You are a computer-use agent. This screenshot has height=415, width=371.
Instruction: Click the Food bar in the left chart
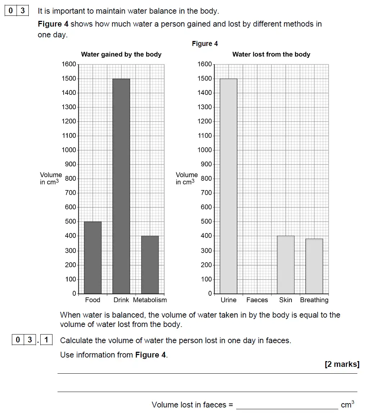pyautogui.click(x=93, y=258)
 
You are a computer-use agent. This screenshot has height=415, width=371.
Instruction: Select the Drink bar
pyautogui.click(x=121, y=186)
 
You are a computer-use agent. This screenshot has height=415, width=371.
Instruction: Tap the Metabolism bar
pyautogui.click(x=150, y=265)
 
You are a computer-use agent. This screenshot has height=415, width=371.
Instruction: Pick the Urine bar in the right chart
pyautogui.click(x=229, y=186)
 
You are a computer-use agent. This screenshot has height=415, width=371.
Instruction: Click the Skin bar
pyautogui.click(x=286, y=265)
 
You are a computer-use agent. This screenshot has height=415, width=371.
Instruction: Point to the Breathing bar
pyautogui.click(x=314, y=266)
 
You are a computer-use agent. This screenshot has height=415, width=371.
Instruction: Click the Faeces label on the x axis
pyautogui.click(x=257, y=300)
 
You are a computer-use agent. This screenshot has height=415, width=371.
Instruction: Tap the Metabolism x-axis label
pyautogui.click(x=150, y=300)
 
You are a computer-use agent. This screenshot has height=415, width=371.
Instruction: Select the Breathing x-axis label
pyautogui.click(x=314, y=300)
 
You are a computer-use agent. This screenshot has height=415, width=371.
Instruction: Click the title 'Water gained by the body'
pyautogui.click(x=121, y=55)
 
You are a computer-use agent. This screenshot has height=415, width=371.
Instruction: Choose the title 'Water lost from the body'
pyautogui.click(x=271, y=55)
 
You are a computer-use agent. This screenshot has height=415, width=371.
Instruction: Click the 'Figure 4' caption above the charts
pyautogui.click(x=205, y=44)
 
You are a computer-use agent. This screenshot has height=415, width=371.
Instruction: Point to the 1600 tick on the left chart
pyautogui.click(x=69, y=64)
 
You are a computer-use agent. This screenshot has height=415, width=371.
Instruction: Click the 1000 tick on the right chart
pyautogui.click(x=205, y=150)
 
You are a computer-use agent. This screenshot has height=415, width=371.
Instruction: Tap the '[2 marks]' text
pyautogui.click(x=342, y=364)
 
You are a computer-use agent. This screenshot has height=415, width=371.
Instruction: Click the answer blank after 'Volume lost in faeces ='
pyautogui.click(x=287, y=405)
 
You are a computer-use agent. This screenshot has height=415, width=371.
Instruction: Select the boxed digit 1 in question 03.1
pyautogui.click(x=46, y=340)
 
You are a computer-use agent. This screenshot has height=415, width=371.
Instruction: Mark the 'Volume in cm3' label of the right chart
pyautogui.click(x=187, y=179)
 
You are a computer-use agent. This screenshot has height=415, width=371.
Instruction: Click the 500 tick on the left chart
pyautogui.click(x=70, y=222)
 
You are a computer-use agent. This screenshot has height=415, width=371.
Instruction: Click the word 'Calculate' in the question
pyautogui.click(x=75, y=340)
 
